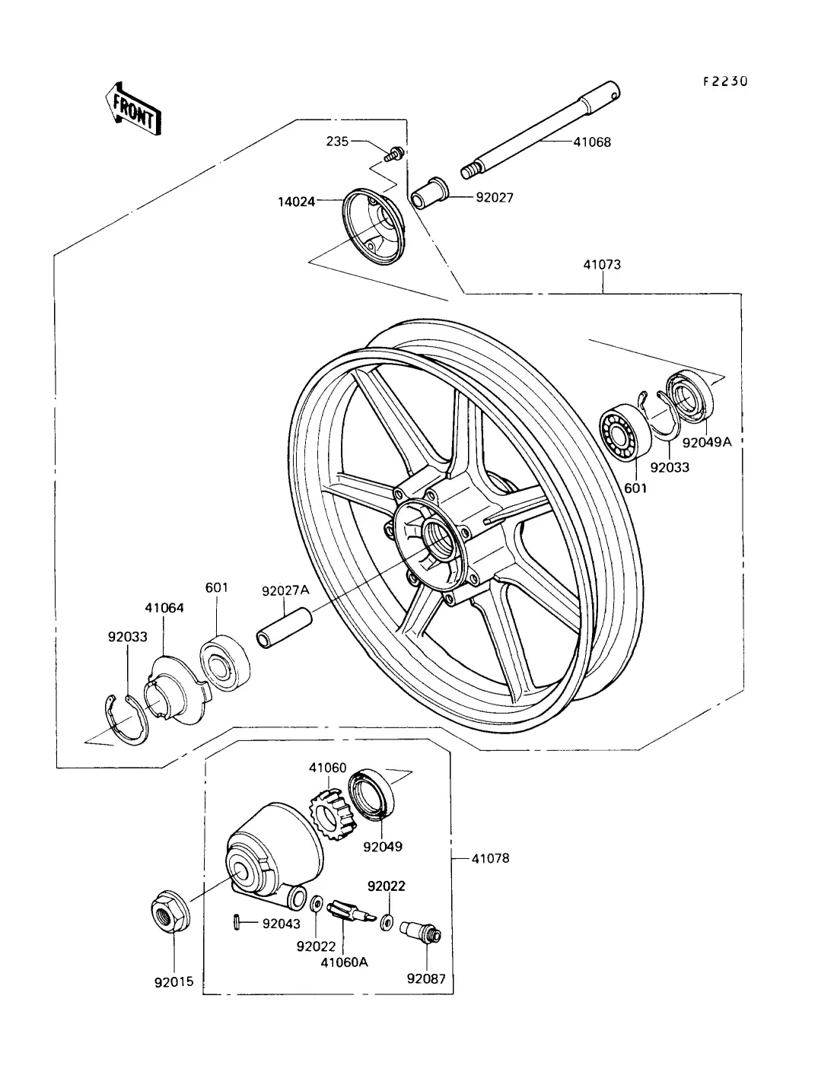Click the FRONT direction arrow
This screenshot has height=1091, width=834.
click(133, 108)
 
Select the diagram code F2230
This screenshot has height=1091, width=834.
click(724, 81)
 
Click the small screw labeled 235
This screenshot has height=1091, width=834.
click(394, 154)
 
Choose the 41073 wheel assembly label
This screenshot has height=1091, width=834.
click(602, 265)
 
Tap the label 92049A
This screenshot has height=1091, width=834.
click(706, 441)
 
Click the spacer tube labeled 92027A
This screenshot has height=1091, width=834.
click(285, 628)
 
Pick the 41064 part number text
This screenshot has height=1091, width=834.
click(165, 608)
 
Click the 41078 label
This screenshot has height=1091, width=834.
click(489, 858)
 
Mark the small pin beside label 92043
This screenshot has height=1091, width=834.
click(237, 923)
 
